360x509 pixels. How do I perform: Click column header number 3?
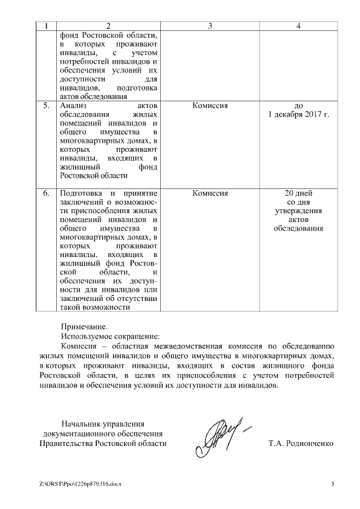point(210,26)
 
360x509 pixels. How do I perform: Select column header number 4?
point(299,26)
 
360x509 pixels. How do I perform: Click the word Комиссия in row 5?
point(210,105)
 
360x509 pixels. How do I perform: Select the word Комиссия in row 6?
point(210,193)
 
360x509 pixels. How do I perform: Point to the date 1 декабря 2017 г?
point(299,114)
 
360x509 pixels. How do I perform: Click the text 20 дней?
point(299,193)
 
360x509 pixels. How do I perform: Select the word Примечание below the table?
point(84,326)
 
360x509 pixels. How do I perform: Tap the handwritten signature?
point(219,435)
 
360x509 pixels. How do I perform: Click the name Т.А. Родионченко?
point(301,444)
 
